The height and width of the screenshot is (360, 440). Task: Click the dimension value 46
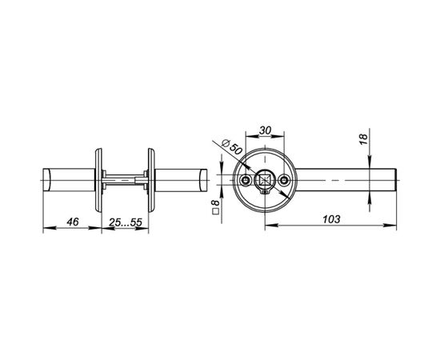point(73,222)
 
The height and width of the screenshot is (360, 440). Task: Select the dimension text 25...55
point(126,222)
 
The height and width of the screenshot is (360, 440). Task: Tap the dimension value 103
point(331,219)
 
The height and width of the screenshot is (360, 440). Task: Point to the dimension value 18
point(363,139)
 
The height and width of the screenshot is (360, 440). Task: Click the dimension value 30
point(265,130)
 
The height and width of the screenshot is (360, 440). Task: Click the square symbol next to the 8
point(216,211)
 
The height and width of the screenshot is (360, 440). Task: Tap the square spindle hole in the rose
point(265,180)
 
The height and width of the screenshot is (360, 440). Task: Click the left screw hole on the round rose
point(246,180)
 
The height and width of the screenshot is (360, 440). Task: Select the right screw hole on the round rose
point(284,180)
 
